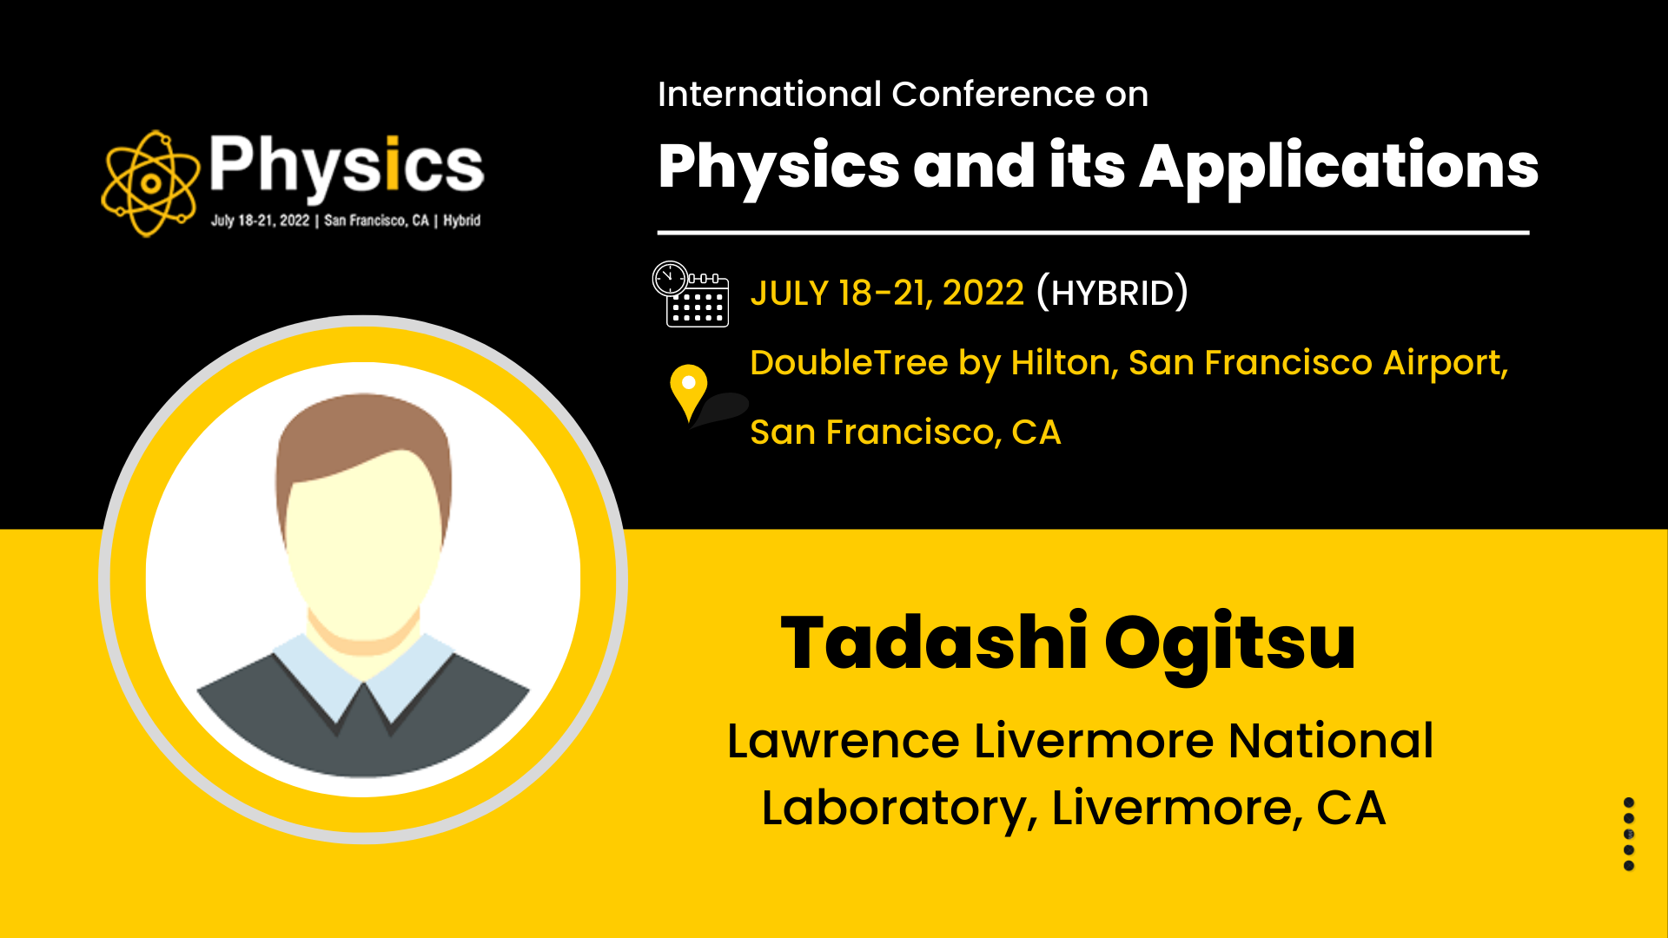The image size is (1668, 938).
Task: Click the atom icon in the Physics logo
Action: pyautogui.click(x=149, y=183)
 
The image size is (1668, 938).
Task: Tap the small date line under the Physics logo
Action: pyautogui.click(x=346, y=221)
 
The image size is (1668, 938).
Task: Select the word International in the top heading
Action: pyautogui.click(x=770, y=94)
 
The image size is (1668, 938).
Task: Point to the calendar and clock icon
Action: pyautogui.click(x=691, y=294)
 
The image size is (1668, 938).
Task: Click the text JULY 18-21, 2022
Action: pyautogui.click(x=887, y=294)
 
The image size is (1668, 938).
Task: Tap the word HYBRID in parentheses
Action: pyautogui.click(x=1113, y=294)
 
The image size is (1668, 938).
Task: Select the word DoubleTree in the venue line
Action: pyautogui.click(x=849, y=363)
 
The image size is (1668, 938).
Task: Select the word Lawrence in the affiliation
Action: pyautogui.click(x=843, y=741)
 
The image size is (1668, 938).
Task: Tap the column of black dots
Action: pyautogui.click(x=1629, y=834)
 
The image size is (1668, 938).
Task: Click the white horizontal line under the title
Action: pyautogui.click(x=1093, y=233)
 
